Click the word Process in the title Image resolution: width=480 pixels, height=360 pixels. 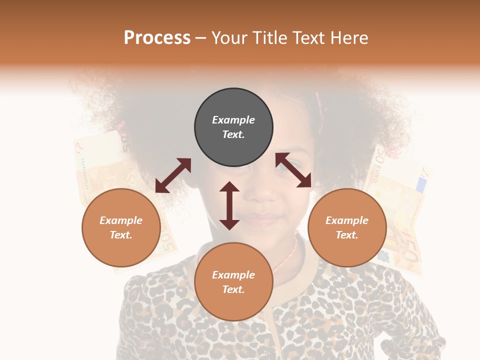coord(157,38)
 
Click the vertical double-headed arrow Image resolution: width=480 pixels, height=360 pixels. coord(229,205)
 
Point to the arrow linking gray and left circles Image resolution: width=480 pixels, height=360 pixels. coord(173,175)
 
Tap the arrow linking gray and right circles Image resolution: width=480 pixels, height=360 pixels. coord(293,170)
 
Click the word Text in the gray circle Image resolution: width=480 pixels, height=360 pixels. coord(233,134)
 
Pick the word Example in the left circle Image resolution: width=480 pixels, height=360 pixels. coord(121,220)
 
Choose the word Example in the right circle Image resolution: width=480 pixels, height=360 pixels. coord(347,220)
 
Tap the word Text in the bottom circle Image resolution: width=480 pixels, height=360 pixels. coord(233,289)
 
